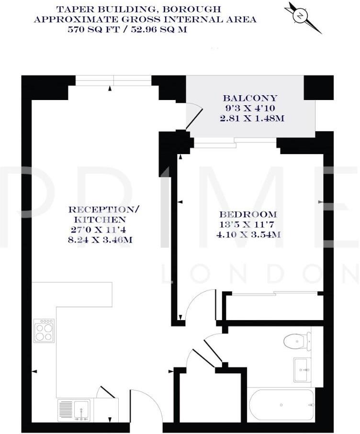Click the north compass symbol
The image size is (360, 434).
point(301,16)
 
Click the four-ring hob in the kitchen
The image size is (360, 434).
point(44,331)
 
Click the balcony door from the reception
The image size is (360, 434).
point(192,118)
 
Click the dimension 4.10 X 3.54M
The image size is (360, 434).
point(247,234)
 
